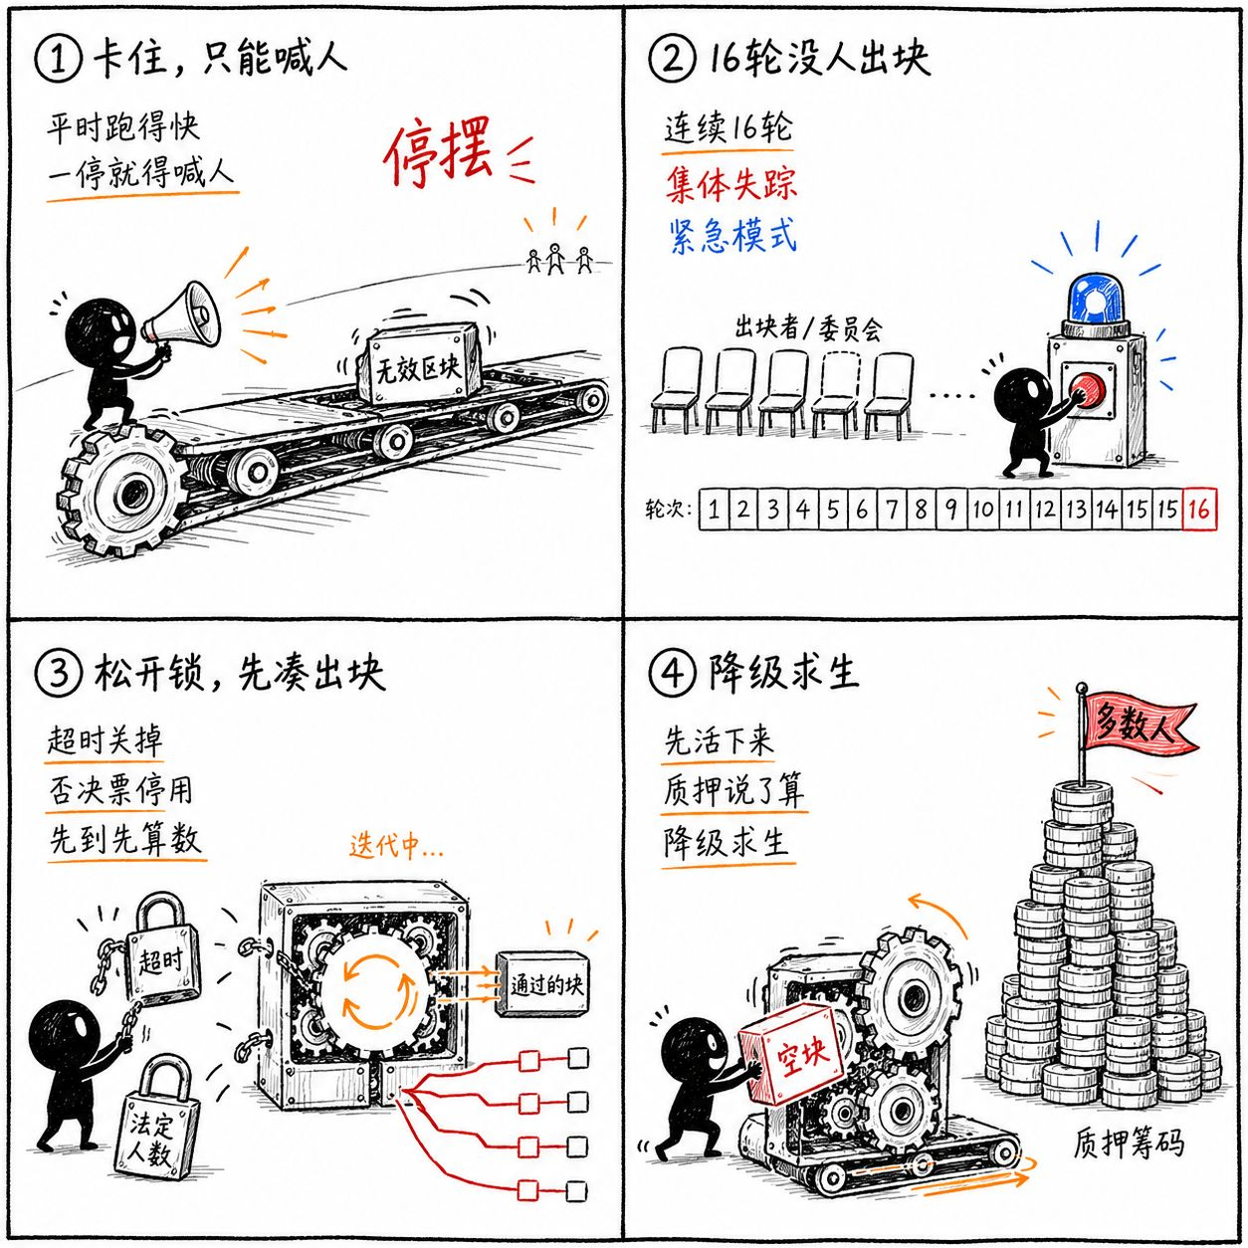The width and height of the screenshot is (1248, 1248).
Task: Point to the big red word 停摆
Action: [x=438, y=153]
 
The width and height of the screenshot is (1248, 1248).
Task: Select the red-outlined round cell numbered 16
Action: [x=1199, y=510]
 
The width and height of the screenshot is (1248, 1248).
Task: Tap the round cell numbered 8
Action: [x=921, y=510]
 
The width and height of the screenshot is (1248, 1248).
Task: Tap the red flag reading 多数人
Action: [x=1140, y=723]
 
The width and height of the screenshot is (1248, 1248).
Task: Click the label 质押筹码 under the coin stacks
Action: [x=1128, y=1144]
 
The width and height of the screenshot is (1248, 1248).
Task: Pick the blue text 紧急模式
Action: [x=732, y=235]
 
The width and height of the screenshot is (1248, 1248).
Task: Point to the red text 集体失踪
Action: [x=731, y=183]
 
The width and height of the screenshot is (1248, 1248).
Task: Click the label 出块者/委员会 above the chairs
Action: [x=807, y=328]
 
